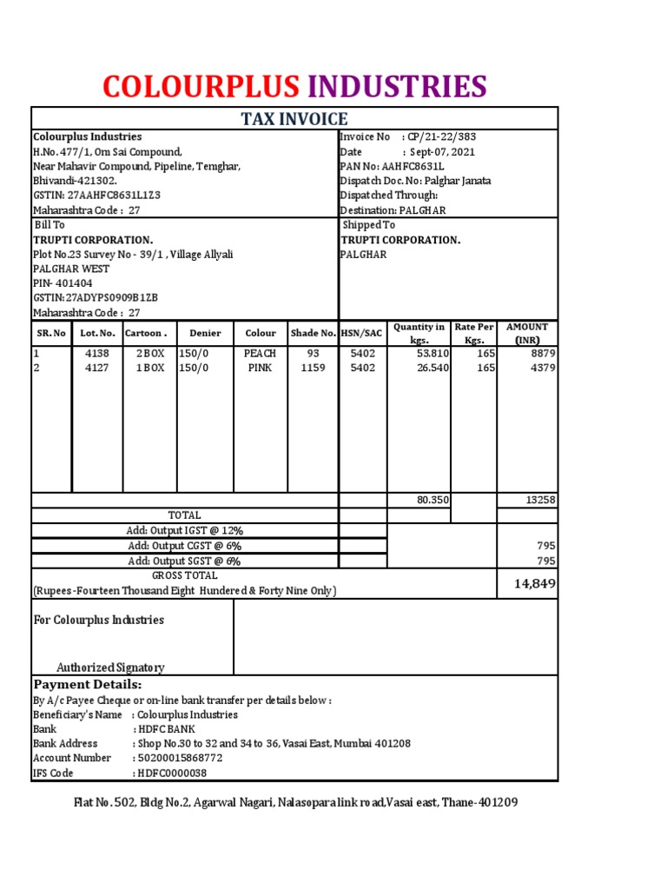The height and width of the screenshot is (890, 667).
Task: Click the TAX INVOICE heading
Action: coord(294,119)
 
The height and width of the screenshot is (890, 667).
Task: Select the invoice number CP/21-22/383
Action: coord(441,136)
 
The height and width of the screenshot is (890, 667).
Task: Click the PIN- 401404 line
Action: coord(63,283)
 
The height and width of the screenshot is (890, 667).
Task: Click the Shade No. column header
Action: coord(313,333)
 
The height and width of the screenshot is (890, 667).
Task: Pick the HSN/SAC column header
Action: coord(362,333)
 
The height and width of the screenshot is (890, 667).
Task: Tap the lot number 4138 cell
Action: coord(97,354)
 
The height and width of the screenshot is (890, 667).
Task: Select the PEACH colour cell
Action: coord(260,354)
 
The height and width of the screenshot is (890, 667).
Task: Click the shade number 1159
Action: coord(313,368)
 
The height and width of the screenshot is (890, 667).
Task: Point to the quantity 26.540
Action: coord(433,368)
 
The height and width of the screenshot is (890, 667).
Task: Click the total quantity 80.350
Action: coord(433,500)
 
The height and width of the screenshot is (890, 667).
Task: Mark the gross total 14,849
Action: coord(534,583)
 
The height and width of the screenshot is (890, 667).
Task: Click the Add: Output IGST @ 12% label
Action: coord(184,530)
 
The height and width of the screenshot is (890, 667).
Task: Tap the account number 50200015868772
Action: coord(179,758)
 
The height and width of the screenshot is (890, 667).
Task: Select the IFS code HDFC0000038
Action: coord(170,773)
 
